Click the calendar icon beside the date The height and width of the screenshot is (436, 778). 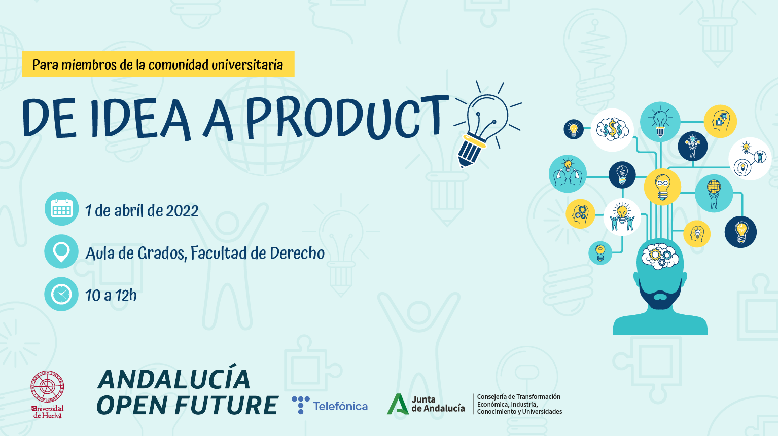click(61, 209)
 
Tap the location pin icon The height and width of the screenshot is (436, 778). click(61, 251)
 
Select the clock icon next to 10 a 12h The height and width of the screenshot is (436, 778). click(61, 294)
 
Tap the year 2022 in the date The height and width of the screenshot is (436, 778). click(182, 211)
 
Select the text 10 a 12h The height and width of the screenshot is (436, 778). click(111, 295)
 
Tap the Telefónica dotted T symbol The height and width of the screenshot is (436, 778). click(300, 405)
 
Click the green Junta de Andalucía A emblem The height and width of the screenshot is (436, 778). click(398, 404)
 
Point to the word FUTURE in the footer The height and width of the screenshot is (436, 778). click(226, 406)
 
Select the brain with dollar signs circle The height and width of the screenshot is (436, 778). click(612, 130)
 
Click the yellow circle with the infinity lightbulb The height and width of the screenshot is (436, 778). click(662, 186)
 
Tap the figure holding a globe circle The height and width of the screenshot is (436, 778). click(714, 193)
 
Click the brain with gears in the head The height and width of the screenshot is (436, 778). click(659, 255)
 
